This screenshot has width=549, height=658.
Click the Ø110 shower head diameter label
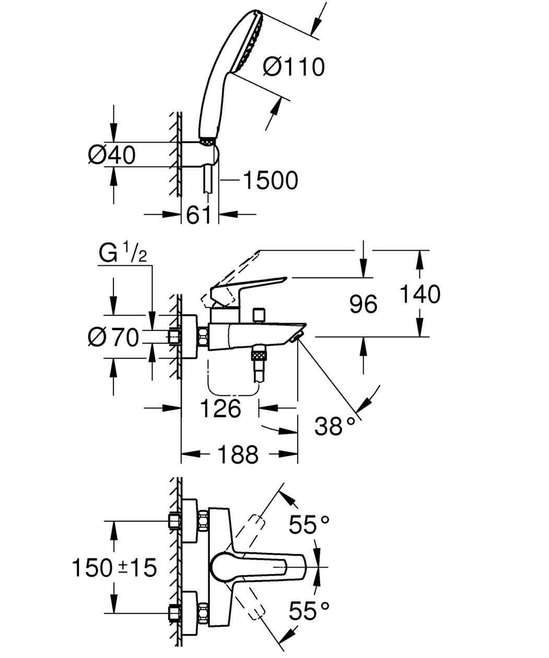click(294, 67)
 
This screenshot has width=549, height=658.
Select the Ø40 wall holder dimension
click(112, 155)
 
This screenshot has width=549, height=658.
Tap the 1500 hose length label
click(271, 181)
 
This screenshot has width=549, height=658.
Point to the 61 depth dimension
click(198, 215)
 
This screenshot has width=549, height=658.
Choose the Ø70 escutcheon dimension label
click(113, 337)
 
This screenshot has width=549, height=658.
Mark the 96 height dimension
click(364, 304)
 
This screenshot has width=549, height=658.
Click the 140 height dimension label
click(420, 294)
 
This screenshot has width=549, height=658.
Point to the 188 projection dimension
click(238, 454)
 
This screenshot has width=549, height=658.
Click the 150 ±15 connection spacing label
click(114, 567)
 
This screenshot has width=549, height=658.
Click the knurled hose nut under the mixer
click(258, 357)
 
